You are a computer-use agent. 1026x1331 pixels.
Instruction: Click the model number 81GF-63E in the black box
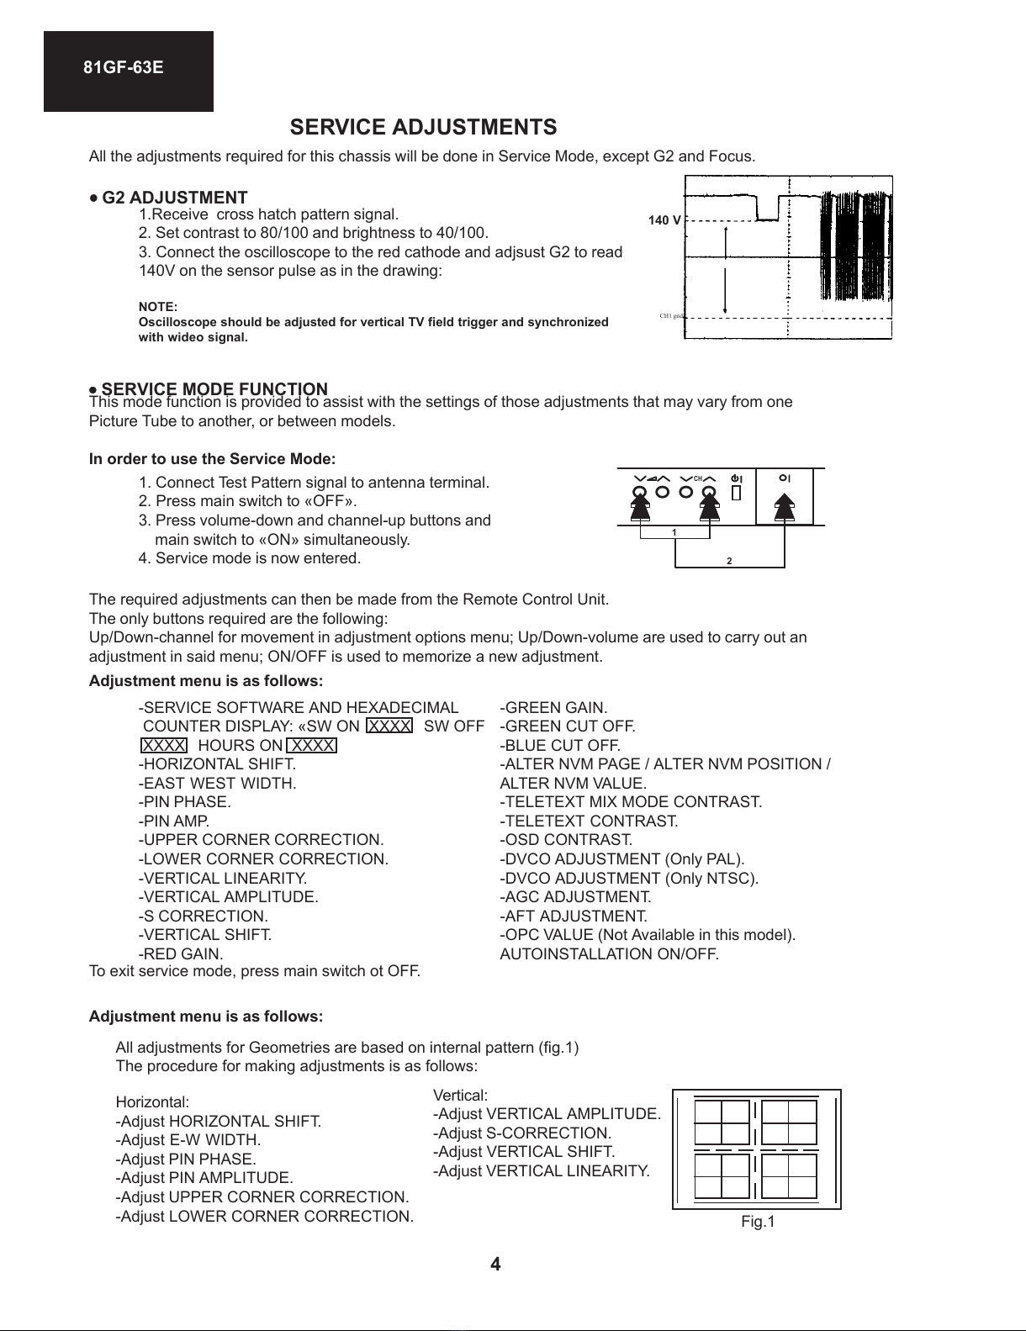tap(123, 68)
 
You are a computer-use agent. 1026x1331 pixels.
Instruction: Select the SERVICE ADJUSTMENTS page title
tap(423, 127)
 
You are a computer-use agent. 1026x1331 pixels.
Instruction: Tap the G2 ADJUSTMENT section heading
tap(174, 198)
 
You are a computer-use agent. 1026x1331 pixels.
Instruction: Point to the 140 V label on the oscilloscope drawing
tap(664, 220)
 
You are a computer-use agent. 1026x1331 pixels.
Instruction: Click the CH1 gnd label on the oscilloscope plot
tap(673, 316)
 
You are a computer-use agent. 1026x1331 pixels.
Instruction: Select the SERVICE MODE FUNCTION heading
tap(214, 388)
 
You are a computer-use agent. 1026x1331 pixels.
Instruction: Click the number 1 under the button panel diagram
tap(674, 532)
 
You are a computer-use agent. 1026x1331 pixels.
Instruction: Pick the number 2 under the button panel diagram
tap(729, 561)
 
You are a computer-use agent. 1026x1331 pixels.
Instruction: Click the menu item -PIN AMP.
tap(174, 821)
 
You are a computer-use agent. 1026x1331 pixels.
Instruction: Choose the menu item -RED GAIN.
tap(181, 953)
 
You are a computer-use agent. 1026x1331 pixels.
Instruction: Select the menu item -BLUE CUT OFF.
tap(560, 745)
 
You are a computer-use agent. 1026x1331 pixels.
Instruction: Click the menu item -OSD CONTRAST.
tap(566, 840)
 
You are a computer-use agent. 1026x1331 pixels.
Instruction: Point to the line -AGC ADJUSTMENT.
tap(575, 897)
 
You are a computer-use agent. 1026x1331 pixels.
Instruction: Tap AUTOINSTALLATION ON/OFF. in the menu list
tap(609, 953)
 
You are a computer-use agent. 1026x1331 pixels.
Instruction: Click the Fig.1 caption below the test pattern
tap(758, 1222)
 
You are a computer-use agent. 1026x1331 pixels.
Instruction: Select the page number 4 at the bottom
tap(495, 1265)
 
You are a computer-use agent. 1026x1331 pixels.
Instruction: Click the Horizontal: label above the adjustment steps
tap(152, 1101)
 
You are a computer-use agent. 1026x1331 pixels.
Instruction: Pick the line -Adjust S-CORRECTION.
tap(521, 1133)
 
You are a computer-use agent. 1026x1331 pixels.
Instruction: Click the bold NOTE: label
tap(158, 307)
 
